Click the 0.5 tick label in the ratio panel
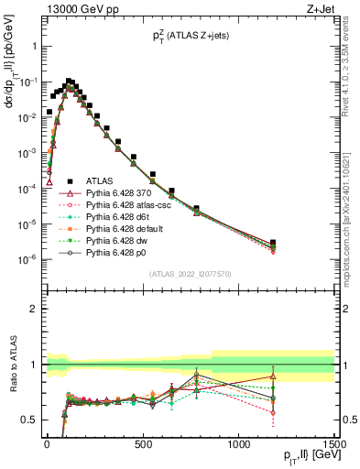click(x=27, y=420)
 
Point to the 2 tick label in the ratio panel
click(x=30, y=309)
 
